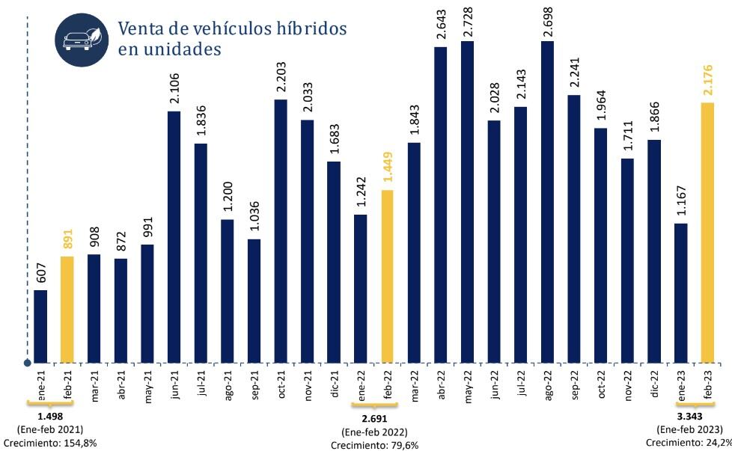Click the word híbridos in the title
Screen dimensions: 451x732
click(309, 28)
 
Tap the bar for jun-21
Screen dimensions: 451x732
click(174, 237)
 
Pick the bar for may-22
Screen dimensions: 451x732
click(467, 202)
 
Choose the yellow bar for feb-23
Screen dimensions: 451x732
click(707, 233)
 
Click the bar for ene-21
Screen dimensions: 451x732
click(40, 326)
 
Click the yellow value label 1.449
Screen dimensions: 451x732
click(387, 169)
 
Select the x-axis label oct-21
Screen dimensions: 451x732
click(281, 386)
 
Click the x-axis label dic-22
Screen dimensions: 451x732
click(654, 386)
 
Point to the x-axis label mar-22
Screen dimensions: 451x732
click(414, 387)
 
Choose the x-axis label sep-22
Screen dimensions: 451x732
click(574, 387)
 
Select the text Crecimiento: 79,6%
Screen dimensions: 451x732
click(374, 446)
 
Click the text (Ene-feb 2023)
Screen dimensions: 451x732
click(689, 429)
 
